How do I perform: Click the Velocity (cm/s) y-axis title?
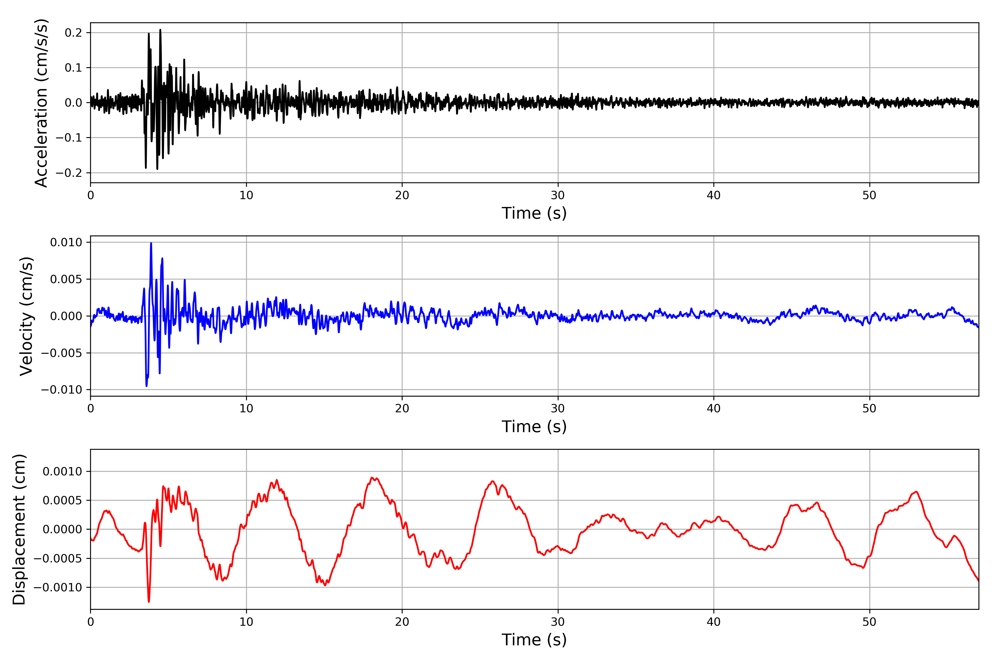[26, 316]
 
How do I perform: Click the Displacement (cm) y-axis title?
[19, 529]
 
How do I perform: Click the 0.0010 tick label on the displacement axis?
[63, 471]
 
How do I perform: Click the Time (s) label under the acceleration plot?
[534, 213]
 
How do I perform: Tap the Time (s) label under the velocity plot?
[534, 427]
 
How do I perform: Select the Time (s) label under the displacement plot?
[534, 640]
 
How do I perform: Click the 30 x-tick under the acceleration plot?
[557, 196]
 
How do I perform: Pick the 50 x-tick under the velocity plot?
[869, 408]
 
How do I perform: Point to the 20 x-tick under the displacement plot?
[402, 622]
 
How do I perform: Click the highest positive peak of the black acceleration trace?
[160, 30]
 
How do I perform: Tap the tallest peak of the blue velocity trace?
[151, 243]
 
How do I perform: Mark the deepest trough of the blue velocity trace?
[146, 386]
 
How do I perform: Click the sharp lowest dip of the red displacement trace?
[149, 602]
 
